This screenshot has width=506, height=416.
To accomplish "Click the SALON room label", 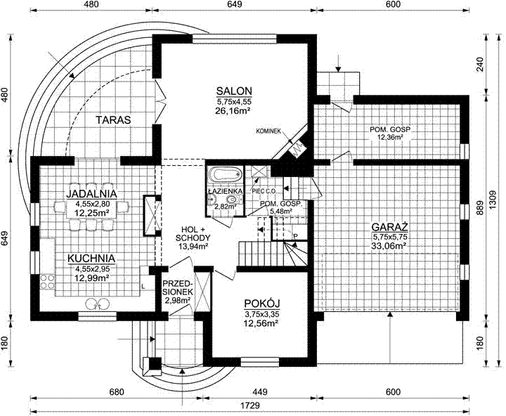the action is (x=234, y=91).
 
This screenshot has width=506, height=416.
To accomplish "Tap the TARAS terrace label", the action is (x=113, y=119).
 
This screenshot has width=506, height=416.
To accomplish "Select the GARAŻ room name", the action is (x=390, y=226).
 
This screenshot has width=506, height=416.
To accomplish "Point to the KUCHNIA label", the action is (x=91, y=259).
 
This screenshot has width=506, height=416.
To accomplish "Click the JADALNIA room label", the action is (x=91, y=194).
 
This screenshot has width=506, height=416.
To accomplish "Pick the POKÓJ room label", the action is (x=261, y=304).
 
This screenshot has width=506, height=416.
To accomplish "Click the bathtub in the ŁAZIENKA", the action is (x=226, y=175).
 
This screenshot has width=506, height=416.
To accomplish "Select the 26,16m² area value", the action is (x=233, y=111).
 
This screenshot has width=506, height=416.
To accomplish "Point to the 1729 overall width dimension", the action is (x=250, y=405).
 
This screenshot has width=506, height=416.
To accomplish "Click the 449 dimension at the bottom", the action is (x=260, y=392).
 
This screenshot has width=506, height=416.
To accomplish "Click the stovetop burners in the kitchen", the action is (x=47, y=281).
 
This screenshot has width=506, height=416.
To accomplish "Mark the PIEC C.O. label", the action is (x=264, y=191).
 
